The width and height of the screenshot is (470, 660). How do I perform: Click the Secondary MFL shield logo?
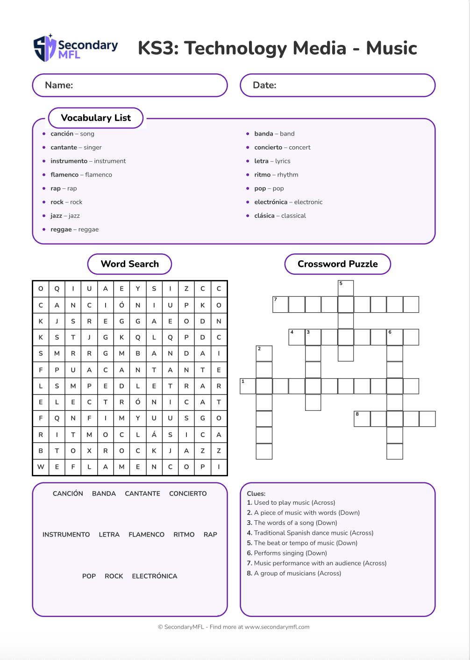45,48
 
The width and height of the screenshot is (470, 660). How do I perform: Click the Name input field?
130,86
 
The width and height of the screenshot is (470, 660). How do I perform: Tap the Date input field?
337,86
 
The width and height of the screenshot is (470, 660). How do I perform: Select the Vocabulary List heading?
96,118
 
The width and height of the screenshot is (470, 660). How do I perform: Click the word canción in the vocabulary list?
62,134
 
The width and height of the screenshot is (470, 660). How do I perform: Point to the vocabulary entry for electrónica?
271,202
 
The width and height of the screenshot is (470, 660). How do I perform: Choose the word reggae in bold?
61,230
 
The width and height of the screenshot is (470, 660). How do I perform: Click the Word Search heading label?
130,264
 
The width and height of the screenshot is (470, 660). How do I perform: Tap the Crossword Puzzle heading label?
337,264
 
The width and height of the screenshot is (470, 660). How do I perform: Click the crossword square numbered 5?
346,288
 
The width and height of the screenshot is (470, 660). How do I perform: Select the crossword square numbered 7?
280,304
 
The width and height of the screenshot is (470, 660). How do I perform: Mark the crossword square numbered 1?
248,386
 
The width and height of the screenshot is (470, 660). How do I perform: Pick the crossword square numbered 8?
362,419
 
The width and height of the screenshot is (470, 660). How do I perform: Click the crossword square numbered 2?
264,353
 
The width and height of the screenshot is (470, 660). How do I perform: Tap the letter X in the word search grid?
89,451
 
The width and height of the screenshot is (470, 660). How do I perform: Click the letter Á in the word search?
154,435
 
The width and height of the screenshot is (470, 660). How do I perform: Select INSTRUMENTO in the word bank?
66,535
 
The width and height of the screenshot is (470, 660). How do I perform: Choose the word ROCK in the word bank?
114,576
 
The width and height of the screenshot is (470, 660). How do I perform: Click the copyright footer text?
234,627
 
